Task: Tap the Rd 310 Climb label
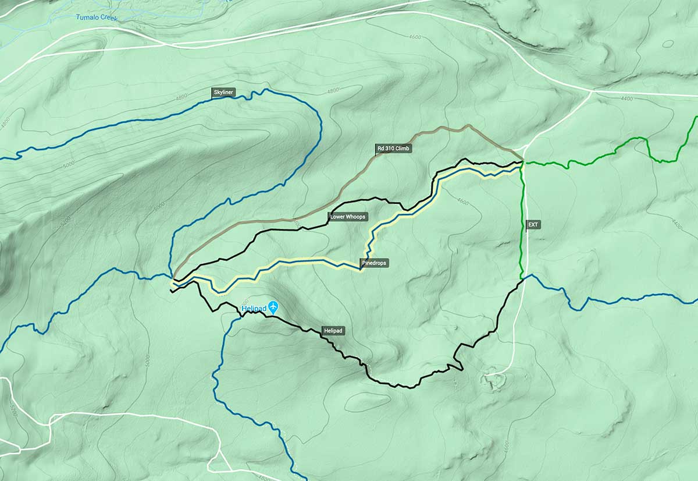point(394,149)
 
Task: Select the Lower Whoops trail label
point(348,217)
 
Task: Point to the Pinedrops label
point(374,263)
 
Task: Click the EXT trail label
point(533,224)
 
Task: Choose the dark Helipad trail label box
point(333,331)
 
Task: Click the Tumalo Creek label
point(97,17)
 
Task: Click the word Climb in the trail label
point(403,149)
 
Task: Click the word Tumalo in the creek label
point(87,17)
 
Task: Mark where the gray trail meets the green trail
point(522,161)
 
